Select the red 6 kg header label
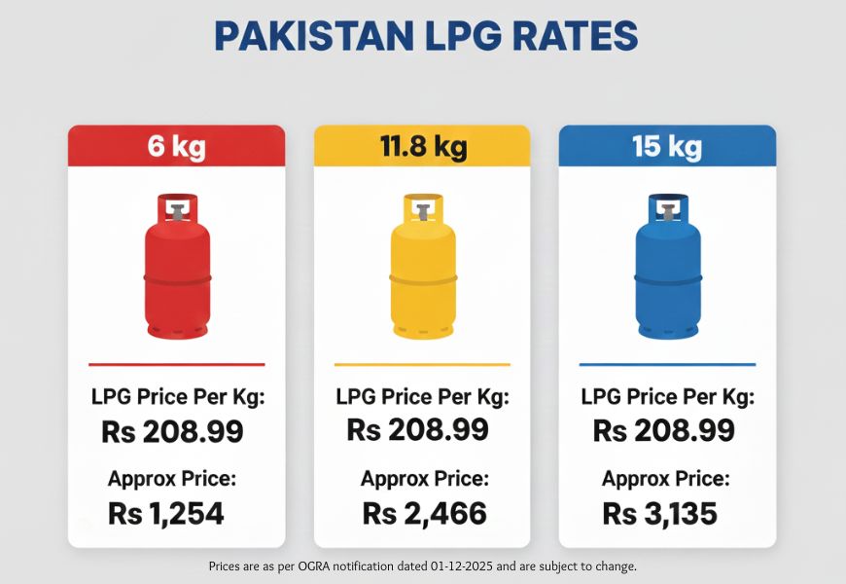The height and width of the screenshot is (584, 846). pyautogui.click(x=176, y=146)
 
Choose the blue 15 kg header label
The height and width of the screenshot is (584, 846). pyautogui.click(x=667, y=146)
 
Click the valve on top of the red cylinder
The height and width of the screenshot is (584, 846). pyautogui.click(x=176, y=207)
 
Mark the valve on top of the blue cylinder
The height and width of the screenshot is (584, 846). pyautogui.click(x=667, y=207)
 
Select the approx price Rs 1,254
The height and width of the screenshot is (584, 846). pyautogui.click(x=166, y=513)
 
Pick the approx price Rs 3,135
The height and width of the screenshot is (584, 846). pyautogui.click(x=659, y=513)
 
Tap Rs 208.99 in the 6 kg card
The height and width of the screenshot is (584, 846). pyautogui.click(x=172, y=431)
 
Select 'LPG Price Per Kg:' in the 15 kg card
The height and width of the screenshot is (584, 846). pyautogui.click(x=667, y=397)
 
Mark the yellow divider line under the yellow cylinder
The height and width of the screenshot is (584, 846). pyautogui.click(x=422, y=364)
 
